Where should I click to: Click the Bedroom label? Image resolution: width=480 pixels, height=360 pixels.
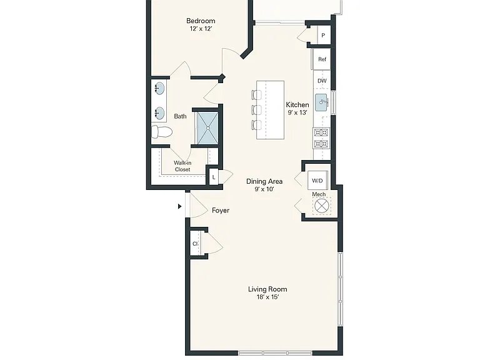(x=201, y=21)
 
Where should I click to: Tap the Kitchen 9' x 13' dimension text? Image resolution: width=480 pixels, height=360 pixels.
(x=297, y=112)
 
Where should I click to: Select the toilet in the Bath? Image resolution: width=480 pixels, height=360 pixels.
(x=162, y=132)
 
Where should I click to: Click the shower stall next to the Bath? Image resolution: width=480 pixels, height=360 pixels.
(x=208, y=127)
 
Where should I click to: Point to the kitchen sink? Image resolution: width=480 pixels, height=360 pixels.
(x=321, y=102)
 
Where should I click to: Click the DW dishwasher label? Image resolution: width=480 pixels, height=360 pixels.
(x=322, y=81)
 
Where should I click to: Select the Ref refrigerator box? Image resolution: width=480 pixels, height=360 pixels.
(x=321, y=59)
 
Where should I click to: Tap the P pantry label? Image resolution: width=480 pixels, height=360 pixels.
(x=323, y=36)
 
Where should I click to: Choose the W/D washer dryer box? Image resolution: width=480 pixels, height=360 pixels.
(x=317, y=181)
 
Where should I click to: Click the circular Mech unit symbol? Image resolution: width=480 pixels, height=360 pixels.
(x=321, y=206)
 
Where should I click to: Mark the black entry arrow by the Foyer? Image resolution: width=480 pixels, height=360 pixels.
(x=180, y=206)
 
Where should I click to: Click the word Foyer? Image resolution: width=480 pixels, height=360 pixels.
(x=221, y=210)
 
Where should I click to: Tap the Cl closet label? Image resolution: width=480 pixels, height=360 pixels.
(x=195, y=244)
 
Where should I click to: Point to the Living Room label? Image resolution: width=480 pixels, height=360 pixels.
(x=267, y=289)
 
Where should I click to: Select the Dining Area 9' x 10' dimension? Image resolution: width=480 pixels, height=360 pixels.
(x=264, y=189)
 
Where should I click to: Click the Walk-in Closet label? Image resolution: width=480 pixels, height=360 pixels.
(x=182, y=166)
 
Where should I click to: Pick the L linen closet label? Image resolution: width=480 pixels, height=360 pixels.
(x=214, y=177)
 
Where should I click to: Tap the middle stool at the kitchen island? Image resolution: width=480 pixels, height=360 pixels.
(x=256, y=109)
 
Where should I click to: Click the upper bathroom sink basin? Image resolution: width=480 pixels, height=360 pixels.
(x=159, y=89)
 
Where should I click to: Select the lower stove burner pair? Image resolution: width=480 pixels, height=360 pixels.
(x=321, y=144)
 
